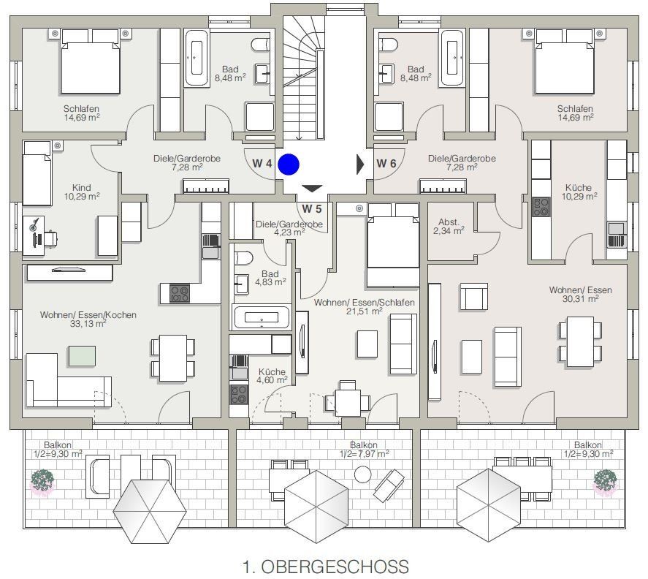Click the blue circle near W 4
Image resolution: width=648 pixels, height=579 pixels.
[x=289, y=164]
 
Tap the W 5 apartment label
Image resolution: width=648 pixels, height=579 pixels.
[x=311, y=209]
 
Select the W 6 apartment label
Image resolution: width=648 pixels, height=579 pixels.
[x=386, y=163]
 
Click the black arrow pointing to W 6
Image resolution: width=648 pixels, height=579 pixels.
[x=360, y=164]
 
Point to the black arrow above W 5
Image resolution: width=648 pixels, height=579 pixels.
[x=312, y=189]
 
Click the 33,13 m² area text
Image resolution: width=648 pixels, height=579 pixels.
[x=88, y=323]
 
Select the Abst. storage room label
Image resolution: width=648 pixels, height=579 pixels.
[x=449, y=222]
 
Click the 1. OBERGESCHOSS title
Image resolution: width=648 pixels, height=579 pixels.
[x=326, y=567]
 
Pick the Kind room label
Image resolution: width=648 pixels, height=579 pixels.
[x=81, y=188]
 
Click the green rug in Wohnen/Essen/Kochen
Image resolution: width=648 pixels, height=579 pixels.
[x=83, y=356]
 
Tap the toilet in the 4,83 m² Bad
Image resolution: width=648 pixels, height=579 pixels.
[x=243, y=258]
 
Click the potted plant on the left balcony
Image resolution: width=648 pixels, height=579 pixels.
[x=42, y=482]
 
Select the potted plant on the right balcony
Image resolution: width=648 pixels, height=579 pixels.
[x=605, y=482]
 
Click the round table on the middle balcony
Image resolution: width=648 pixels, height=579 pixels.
[x=363, y=474]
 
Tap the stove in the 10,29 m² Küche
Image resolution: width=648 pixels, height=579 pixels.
[x=541, y=207]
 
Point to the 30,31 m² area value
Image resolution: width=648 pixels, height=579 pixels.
[x=580, y=298]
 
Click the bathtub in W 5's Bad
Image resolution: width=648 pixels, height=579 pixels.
[x=262, y=317]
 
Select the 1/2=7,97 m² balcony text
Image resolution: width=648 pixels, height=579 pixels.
[x=364, y=454]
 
